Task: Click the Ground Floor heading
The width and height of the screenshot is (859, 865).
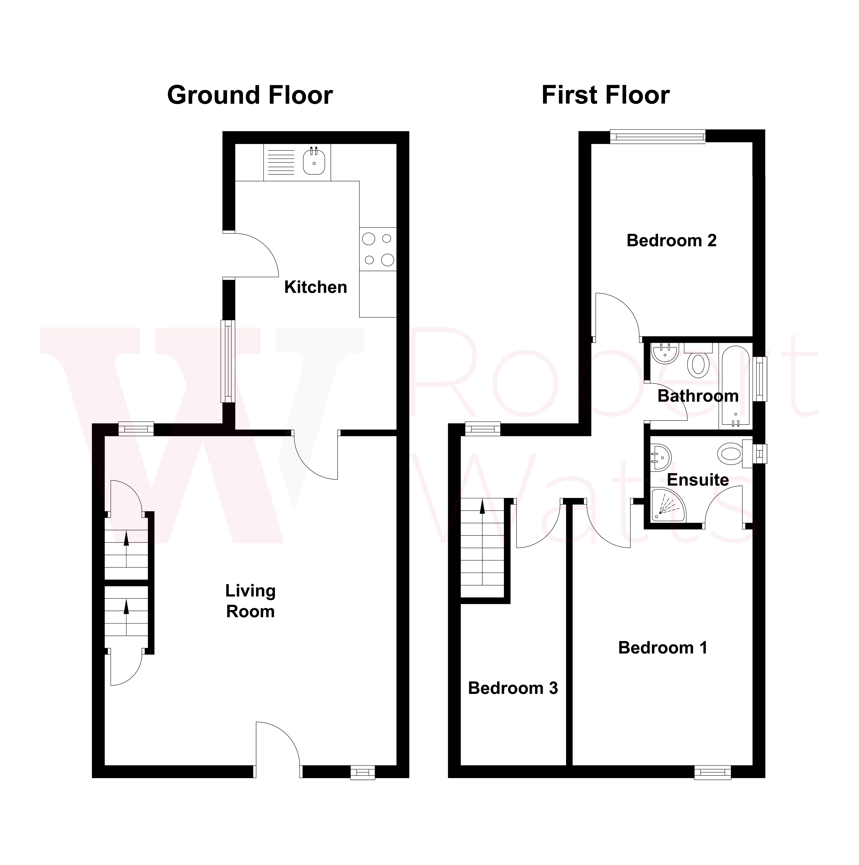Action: point(250,95)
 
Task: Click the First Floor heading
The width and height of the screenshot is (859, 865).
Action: point(605,95)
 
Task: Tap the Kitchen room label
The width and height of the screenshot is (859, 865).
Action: point(316,287)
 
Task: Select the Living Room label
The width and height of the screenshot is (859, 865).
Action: point(250,601)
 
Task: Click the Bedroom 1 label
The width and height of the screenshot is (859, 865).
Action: point(663,648)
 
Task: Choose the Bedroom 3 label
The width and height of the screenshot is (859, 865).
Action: point(513,688)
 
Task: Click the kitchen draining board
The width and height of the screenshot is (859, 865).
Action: point(281,162)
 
